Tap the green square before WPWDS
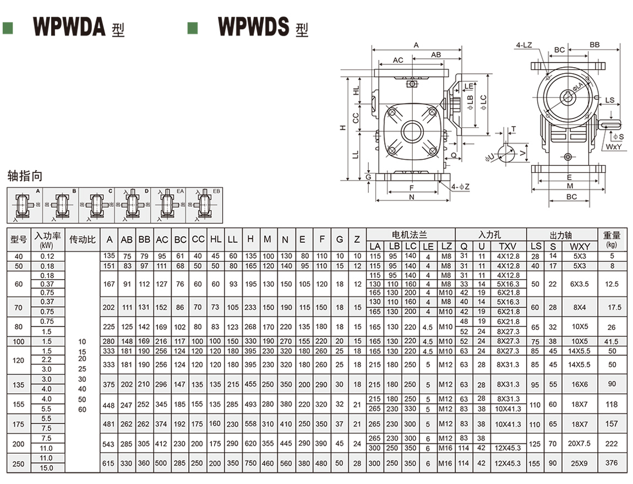[192, 28]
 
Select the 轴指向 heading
[24, 176]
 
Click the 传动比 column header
[83, 240]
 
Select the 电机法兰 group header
[411, 234]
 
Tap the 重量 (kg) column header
[612, 239]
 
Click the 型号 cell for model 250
[19, 464]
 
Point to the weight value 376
[612, 463]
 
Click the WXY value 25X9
[580, 464]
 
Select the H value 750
[250, 464]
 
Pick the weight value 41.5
[612, 341]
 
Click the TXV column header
[508, 246]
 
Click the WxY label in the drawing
[614, 147]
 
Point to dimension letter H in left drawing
[342, 127]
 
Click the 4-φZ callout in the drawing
[460, 187]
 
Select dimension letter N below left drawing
[412, 197]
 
